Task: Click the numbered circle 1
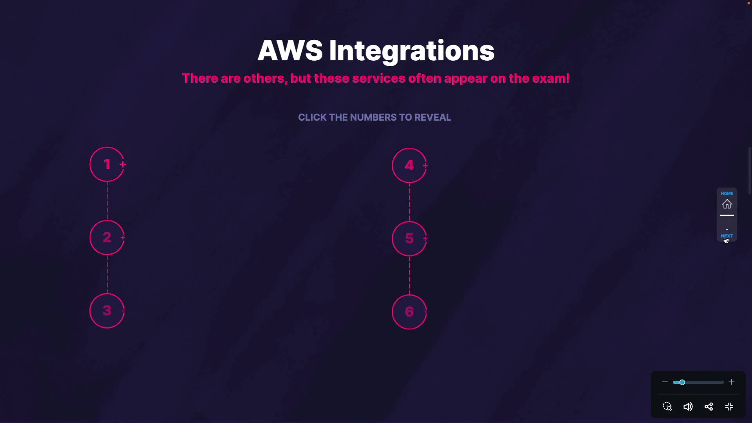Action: (x=107, y=164)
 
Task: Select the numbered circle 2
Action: (x=107, y=238)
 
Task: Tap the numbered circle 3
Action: (x=107, y=311)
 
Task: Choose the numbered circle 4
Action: (x=409, y=166)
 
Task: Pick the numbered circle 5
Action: (x=409, y=239)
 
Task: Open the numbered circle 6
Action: (x=409, y=312)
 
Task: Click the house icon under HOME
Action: (x=727, y=204)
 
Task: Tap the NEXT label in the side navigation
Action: (x=727, y=236)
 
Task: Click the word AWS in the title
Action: (x=290, y=51)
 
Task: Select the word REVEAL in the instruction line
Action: (x=432, y=117)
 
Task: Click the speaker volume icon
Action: (x=688, y=407)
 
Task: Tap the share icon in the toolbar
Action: (x=709, y=407)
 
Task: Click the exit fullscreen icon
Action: (x=729, y=407)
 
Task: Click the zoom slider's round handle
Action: (x=682, y=382)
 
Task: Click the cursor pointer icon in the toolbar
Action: (x=667, y=407)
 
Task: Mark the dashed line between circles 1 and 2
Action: (x=107, y=201)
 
